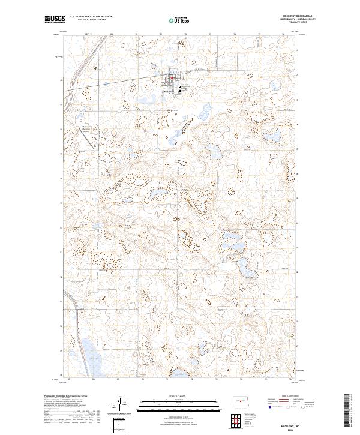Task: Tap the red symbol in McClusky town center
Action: coord(172,77)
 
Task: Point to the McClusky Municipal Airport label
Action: coord(86,127)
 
